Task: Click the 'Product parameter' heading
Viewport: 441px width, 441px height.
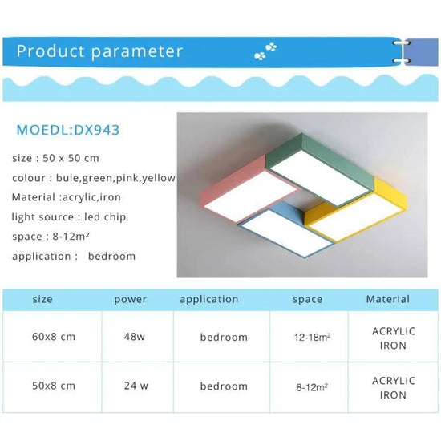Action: (x=99, y=52)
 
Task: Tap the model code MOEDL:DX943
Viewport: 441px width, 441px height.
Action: (x=68, y=129)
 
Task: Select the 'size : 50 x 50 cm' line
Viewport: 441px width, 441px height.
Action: (x=56, y=158)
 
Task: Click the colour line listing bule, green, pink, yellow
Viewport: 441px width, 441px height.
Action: (x=93, y=178)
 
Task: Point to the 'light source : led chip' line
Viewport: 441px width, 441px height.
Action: (x=69, y=217)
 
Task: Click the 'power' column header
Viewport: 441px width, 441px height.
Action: (x=131, y=300)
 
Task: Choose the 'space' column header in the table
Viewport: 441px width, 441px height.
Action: (x=307, y=300)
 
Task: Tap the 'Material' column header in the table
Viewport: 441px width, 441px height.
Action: (x=388, y=299)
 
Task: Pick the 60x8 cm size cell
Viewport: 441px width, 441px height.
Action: (x=53, y=337)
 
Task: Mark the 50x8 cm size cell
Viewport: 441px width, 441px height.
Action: (x=53, y=386)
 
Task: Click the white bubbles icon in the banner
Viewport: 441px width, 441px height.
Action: (x=265, y=52)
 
